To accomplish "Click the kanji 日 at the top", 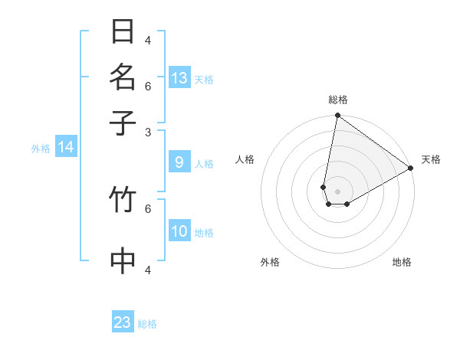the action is pos(123,31).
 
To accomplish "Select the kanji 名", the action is pos(123,77).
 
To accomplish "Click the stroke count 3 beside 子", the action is pos(148,132).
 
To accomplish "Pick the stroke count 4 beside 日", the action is pos(148,40).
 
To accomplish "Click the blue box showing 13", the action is pos(179,78).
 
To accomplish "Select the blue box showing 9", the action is pos(179,162).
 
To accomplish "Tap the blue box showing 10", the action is pos(179,231).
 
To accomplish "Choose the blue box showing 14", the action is pos(66,147).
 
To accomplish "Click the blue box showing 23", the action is pos(123,322).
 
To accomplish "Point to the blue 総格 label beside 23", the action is pos(148,324).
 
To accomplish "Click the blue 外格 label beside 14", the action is pos(40,149).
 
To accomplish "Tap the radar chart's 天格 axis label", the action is pos(431,159).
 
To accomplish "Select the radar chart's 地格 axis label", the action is pos(402,262).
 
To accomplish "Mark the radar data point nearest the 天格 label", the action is pos(411,169).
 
